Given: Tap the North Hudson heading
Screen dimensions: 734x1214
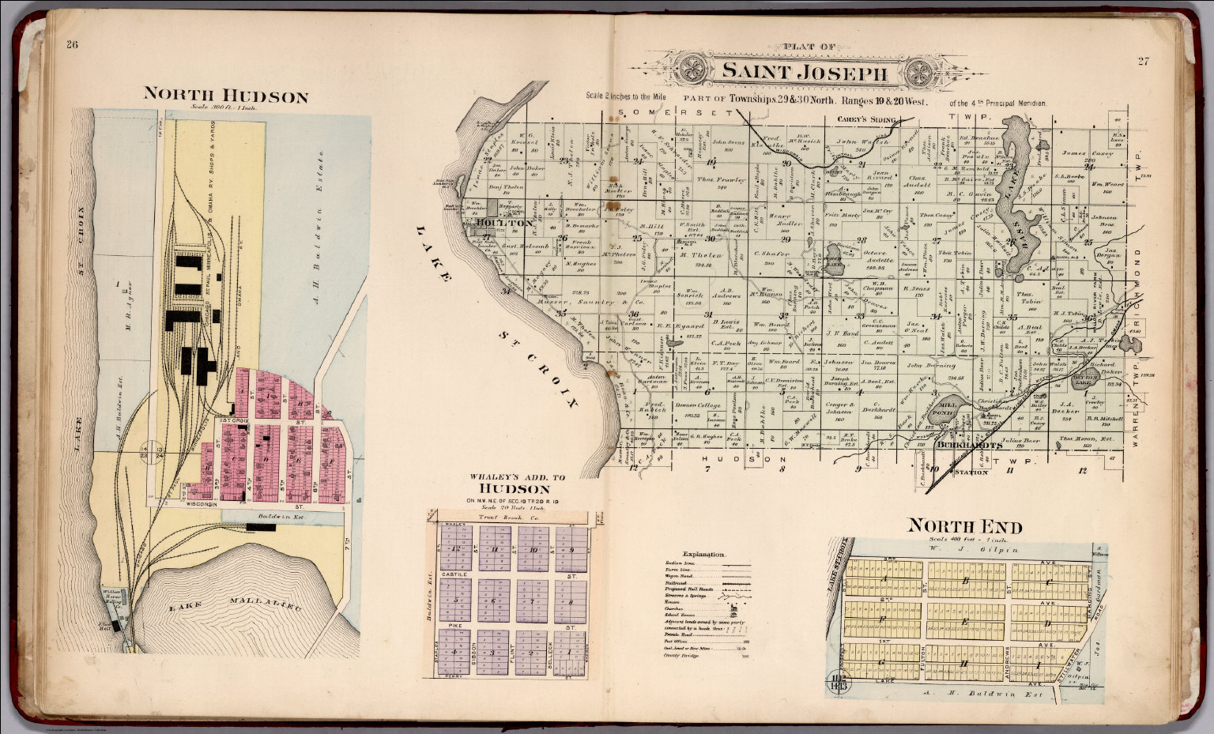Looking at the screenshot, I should point(225,96).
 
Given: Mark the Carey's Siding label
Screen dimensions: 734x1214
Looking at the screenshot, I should point(866,120).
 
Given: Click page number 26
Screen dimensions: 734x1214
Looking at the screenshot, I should point(72,45).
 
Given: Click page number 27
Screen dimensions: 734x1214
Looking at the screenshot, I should point(1143,62).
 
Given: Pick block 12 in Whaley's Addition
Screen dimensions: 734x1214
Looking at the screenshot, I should point(455,549).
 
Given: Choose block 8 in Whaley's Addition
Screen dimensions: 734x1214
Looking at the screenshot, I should point(571,600).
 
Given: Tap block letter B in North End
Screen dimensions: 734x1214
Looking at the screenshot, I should point(965,581).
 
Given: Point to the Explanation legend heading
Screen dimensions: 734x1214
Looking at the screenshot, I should point(703,555).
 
